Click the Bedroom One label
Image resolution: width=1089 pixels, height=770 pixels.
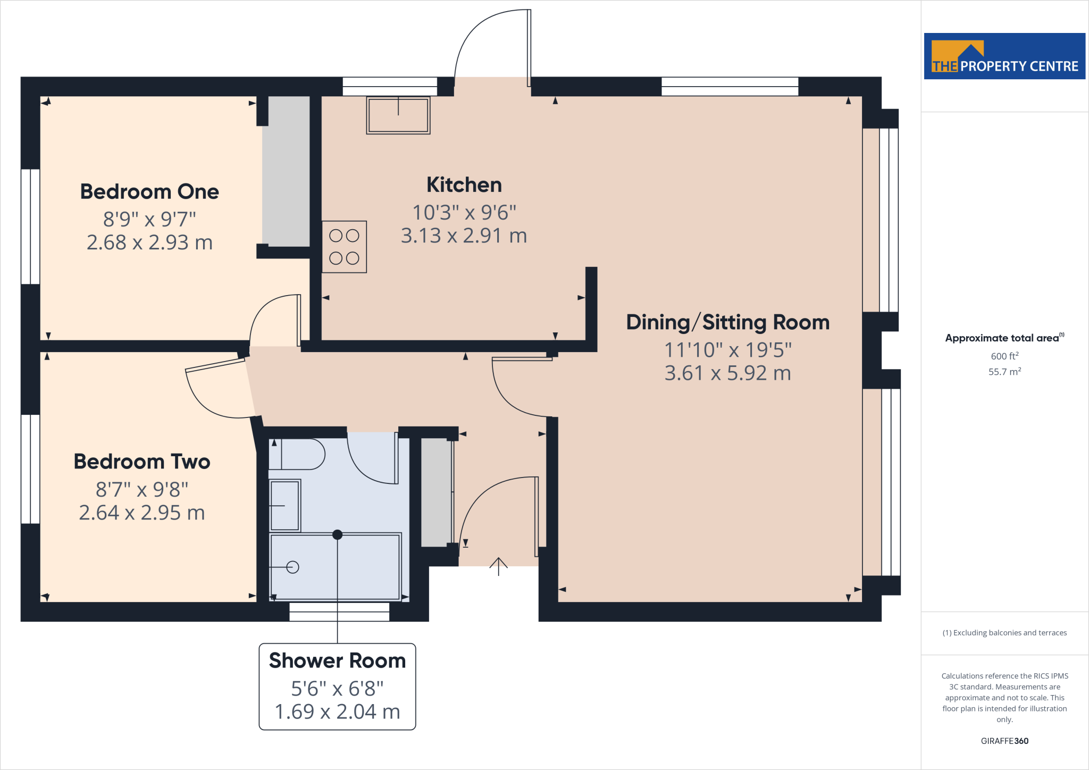tap(149, 191)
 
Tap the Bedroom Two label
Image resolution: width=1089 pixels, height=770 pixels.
tap(142, 461)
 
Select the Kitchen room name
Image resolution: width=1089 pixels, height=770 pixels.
tap(464, 185)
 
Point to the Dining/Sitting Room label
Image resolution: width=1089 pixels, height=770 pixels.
tap(727, 322)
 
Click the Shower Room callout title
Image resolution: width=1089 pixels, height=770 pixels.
tap(337, 660)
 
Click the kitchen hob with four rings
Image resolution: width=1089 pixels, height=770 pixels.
tap(344, 247)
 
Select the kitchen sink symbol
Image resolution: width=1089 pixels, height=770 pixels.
tap(398, 115)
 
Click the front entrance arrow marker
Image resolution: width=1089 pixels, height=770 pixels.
tap(498, 566)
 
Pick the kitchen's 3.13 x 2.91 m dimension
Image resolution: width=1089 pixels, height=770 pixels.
tap(464, 235)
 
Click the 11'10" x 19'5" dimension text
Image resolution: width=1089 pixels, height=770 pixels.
tap(727, 349)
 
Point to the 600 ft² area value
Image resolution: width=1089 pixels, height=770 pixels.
tap(1004, 356)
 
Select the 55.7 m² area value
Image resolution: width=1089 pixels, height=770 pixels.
tap(1004, 372)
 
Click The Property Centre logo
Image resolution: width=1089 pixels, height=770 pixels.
tap(1004, 56)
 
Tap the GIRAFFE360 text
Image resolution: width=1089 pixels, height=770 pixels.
tap(1004, 741)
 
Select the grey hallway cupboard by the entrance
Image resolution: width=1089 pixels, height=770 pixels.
tap(435, 492)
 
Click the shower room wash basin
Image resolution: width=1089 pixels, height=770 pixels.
tap(285, 505)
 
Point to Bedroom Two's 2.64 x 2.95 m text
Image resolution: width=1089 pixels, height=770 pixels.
tap(142, 513)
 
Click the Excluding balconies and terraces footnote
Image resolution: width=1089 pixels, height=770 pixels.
tap(1004, 633)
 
